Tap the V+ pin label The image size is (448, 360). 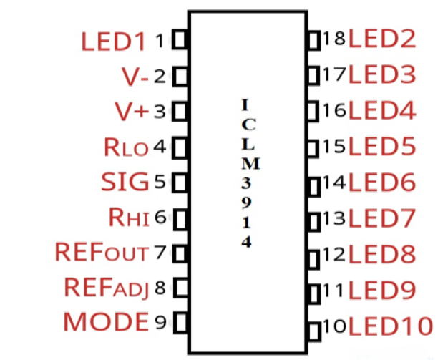tap(131, 112)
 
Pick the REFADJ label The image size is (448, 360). tap(106, 288)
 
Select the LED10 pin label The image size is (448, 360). tap(391, 326)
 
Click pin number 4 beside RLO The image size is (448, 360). tap(160, 147)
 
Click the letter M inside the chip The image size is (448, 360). tap(245, 163)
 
